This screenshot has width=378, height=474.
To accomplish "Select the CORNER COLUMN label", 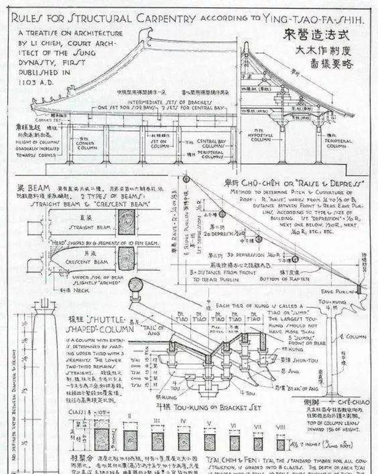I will pos(86,144).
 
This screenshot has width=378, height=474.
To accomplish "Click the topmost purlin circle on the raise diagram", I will pos(187,178).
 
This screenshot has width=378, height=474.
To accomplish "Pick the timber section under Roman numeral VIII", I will pos(281,444).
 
